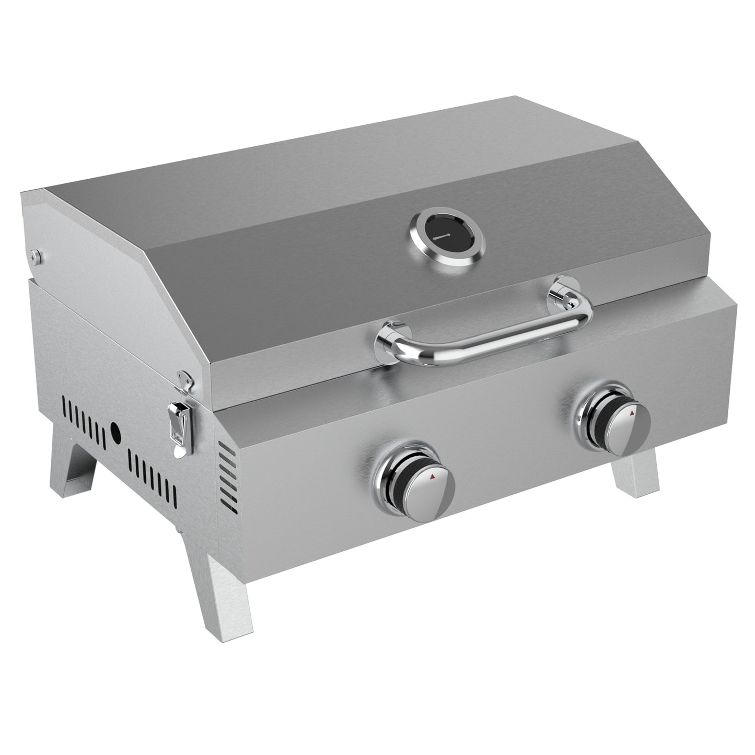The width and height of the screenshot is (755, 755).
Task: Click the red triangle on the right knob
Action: tap(633, 413)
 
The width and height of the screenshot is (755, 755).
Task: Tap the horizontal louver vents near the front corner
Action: tap(226, 473)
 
